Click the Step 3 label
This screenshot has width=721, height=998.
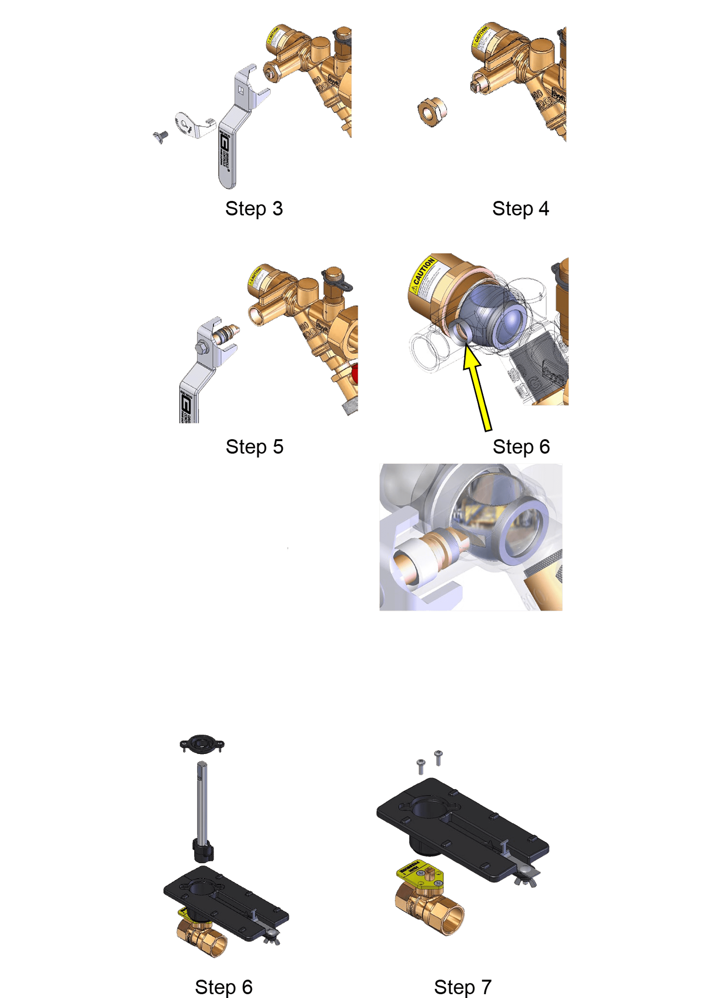[x=254, y=208]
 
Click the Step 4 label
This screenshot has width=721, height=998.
[x=521, y=208]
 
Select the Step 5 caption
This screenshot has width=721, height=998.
[x=254, y=447]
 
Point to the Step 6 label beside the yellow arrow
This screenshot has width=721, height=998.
[x=521, y=447]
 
